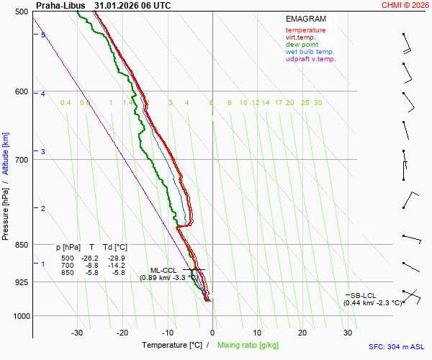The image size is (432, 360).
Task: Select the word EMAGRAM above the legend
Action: tap(305, 19)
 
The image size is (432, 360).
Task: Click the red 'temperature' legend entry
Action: tap(305, 30)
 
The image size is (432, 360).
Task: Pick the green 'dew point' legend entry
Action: tap(301, 45)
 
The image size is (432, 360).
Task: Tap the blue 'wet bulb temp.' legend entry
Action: tap(310, 52)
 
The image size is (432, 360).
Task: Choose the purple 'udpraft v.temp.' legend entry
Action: tap(310, 59)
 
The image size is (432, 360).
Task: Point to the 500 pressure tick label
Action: tap(20, 12)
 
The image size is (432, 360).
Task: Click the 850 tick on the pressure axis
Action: tap(20, 245)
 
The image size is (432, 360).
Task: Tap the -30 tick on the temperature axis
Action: tap(77, 333)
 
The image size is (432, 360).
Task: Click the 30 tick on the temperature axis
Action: tap(347, 333)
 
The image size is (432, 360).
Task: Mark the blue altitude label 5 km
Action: tap(43, 35)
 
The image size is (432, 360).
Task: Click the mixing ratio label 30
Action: tap(318, 103)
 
